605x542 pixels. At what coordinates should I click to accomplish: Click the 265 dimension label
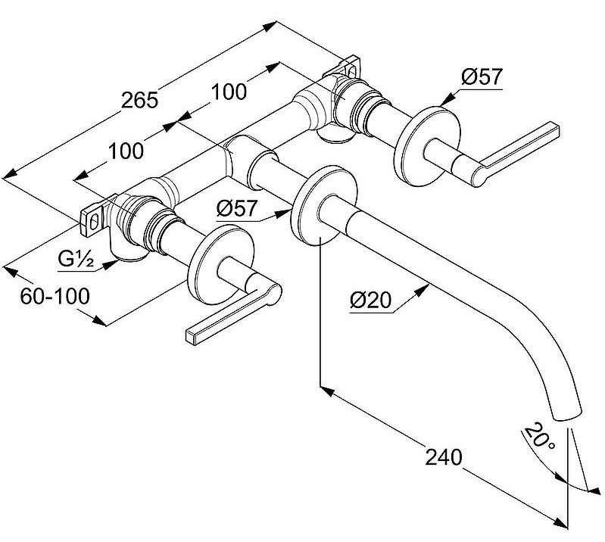(x=141, y=100)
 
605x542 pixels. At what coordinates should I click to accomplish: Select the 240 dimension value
(x=444, y=456)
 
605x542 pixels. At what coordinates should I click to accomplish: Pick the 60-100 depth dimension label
(x=55, y=295)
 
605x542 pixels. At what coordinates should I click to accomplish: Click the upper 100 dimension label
(x=229, y=92)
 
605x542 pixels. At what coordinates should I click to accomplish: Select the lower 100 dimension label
(x=125, y=151)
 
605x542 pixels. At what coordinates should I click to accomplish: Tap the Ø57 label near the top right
(x=482, y=76)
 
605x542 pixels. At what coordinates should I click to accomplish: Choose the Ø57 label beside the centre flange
(x=235, y=207)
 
